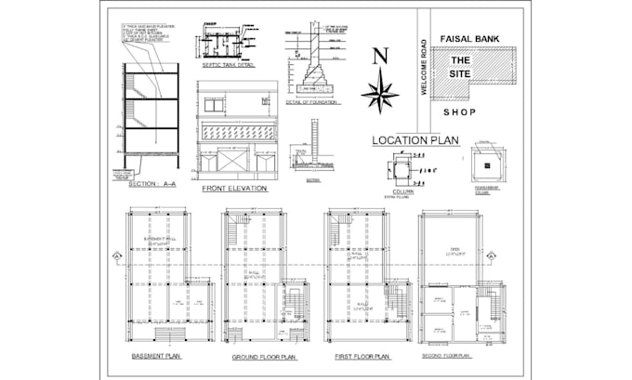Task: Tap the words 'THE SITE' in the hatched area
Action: pyautogui.click(x=458, y=67)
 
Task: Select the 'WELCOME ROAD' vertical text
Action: pyautogui.click(x=423, y=67)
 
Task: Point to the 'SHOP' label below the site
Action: pyautogui.click(x=458, y=112)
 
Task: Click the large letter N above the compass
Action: pyautogui.click(x=379, y=57)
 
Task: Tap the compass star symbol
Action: pyautogui.click(x=379, y=93)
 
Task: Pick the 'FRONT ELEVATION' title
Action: pyautogui.click(x=234, y=189)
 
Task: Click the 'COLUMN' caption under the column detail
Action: pyautogui.click(x=403, y=191)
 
